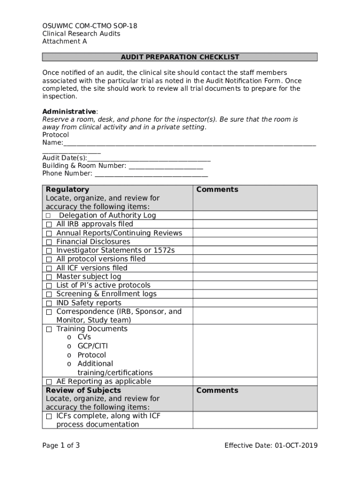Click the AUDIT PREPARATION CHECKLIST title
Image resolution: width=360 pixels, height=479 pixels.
(180, 57)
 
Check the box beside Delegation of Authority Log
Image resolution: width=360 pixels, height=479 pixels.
(49, 216)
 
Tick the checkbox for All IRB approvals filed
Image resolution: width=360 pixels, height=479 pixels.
(49, 225)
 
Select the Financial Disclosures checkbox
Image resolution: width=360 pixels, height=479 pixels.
(49, 242)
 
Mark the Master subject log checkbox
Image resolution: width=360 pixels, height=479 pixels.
(49, 277)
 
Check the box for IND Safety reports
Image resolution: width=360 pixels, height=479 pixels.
(49, 303)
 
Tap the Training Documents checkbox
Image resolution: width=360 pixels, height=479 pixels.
(49, 329)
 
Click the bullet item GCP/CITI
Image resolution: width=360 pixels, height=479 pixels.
(93, 346)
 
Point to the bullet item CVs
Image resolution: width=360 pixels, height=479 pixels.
(84, 337)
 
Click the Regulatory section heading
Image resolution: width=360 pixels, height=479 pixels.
(67, 189)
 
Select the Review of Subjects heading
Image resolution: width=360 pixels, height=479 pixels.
(83, 390)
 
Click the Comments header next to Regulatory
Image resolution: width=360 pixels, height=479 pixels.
(217, 189)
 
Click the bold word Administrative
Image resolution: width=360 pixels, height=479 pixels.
(69, 111)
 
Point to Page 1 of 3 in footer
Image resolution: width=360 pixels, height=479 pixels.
(61, 445)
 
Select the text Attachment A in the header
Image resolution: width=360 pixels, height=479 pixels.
(65, 41)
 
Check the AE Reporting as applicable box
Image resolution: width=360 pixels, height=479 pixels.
(49, 382)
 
